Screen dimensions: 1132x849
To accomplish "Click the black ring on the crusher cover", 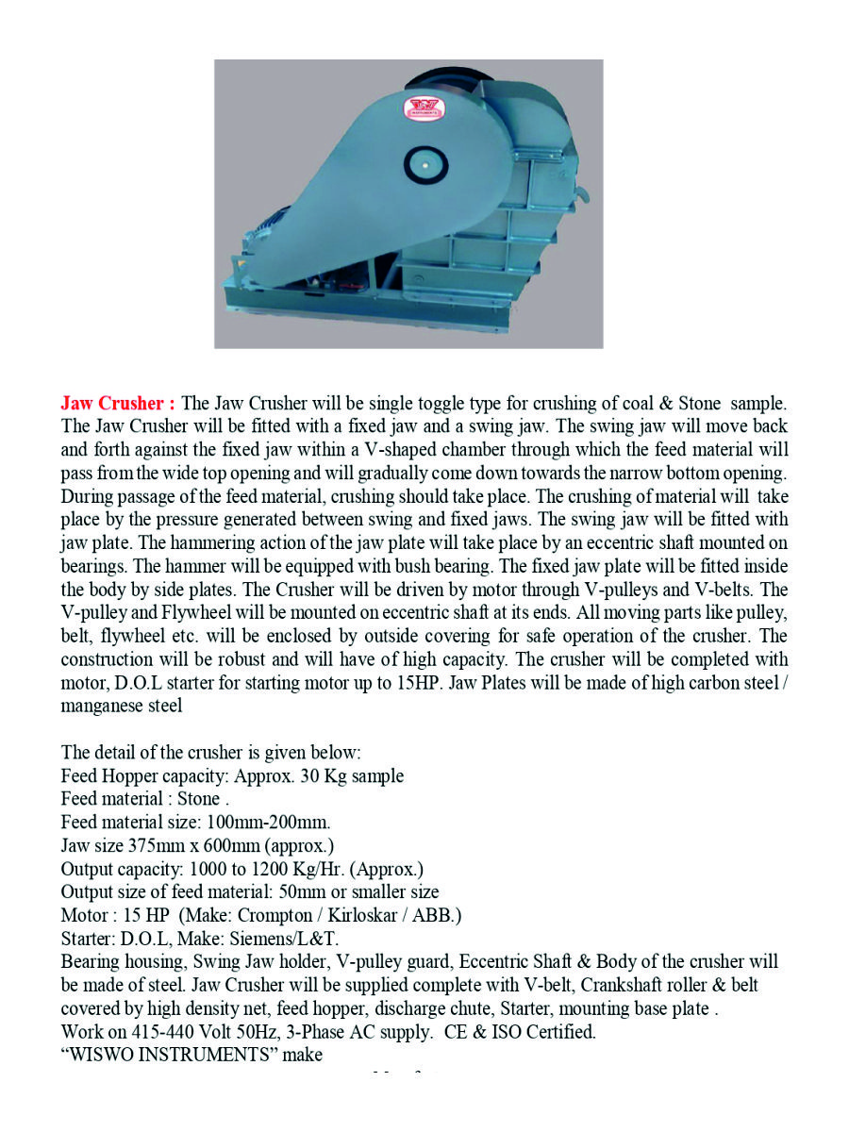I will (x=424, y=165).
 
